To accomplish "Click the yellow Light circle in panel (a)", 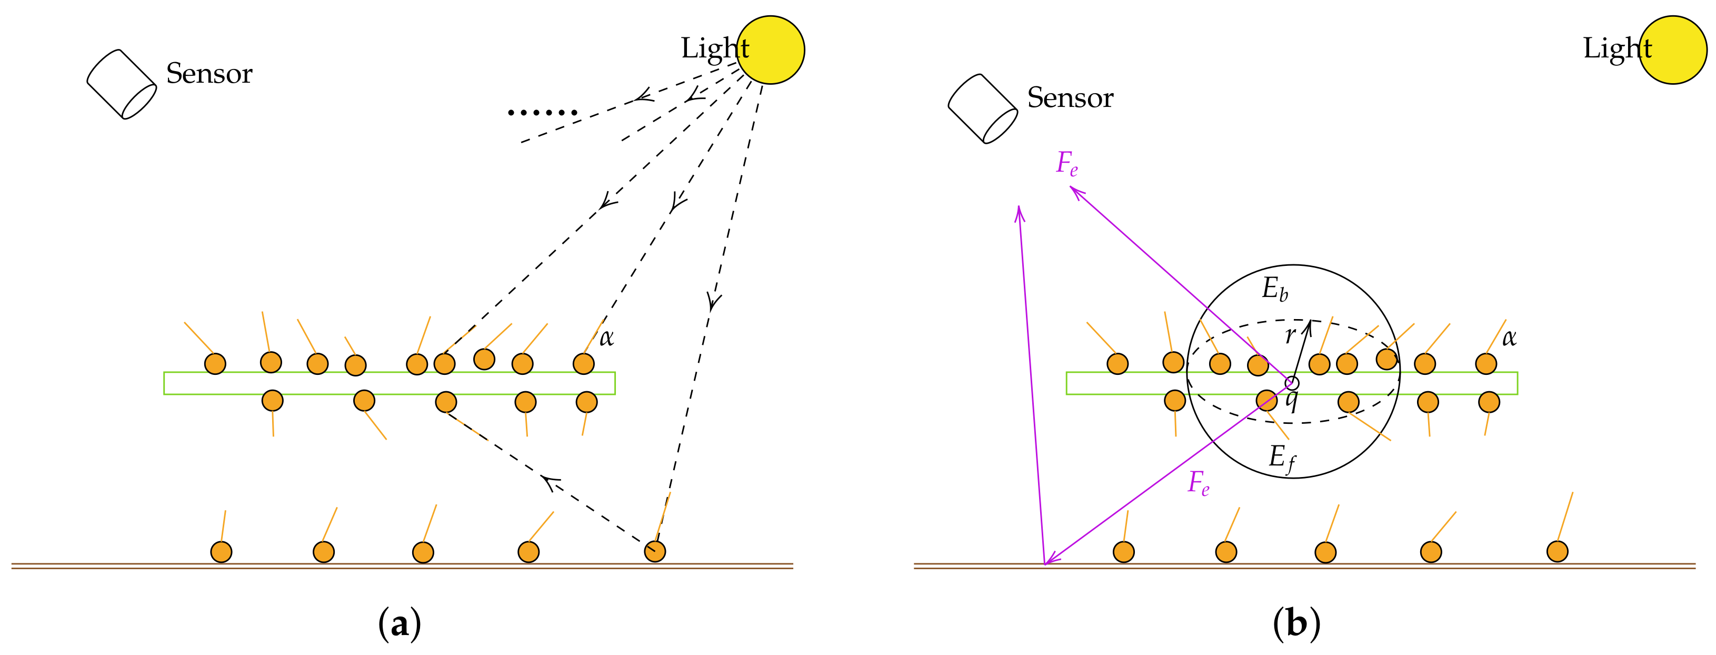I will (771, 50).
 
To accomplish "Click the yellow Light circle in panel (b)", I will (1673, 50).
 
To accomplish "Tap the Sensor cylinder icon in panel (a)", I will (121, 84).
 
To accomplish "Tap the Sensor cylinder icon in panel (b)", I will (983, 108).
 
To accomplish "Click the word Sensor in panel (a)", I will (209, 73).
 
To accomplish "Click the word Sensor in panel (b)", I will (1070, 98).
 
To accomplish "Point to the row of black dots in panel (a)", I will (542, 113).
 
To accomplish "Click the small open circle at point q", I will (1292, 383).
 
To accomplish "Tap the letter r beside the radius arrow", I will (1290, 335).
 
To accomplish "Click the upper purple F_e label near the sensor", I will (1066, 163).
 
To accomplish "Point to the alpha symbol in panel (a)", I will (606, 338).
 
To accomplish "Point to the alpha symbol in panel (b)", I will (1509, 338).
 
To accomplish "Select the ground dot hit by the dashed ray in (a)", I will (655, 551).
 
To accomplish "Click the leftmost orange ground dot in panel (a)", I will (221, 552).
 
